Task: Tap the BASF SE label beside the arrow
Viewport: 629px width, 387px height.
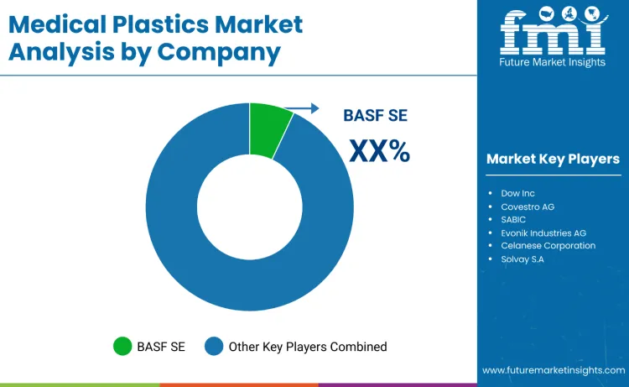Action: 375,117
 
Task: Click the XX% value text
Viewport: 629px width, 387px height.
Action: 379,151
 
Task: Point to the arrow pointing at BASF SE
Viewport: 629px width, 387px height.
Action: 303,108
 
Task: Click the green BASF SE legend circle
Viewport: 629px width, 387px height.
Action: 122,346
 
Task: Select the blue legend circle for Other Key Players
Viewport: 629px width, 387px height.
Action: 215,346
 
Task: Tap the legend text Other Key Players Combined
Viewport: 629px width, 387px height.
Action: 307,346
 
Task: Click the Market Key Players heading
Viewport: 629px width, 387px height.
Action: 553,159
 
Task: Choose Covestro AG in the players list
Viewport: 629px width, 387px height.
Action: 528,207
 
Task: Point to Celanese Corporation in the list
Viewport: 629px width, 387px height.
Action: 548,246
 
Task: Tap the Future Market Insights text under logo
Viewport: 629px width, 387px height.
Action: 553,61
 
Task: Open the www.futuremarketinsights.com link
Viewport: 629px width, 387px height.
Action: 553,370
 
